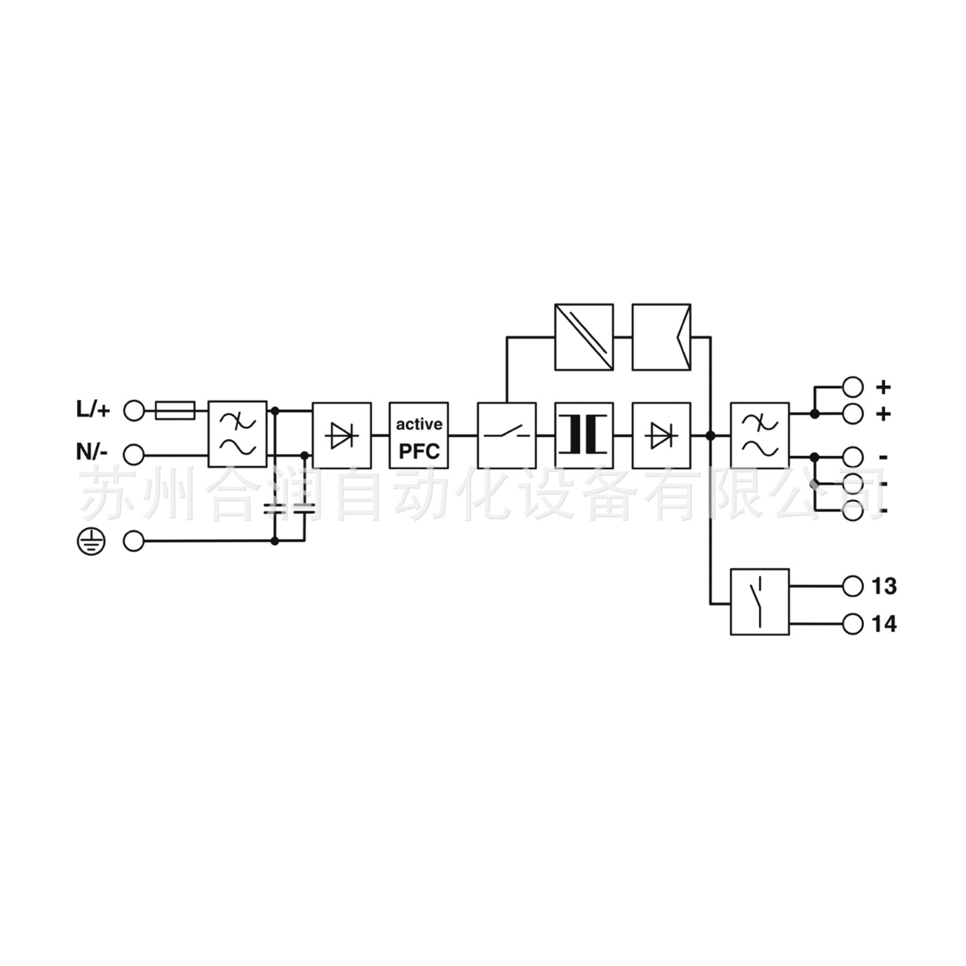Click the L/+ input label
point(92,410)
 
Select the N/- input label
point(91,453)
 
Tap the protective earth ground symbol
point(90,542)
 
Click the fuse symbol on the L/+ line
point(176,411)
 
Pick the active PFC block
point(419,436)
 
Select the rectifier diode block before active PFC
point(342,436)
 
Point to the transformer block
point(584,436)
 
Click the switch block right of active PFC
point(506,436)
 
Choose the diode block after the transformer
point(661,436)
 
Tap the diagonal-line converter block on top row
point(584,337)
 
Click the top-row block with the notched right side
point(661,337)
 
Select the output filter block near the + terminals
point(760,436)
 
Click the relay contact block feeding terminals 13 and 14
point(760,602)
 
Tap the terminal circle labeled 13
point(853,586)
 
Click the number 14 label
point(884,624)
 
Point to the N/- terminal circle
point(134,455)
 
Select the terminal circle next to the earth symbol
point(134,542)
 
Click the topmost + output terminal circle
point(853,386)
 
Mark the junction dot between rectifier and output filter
point(709,436)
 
